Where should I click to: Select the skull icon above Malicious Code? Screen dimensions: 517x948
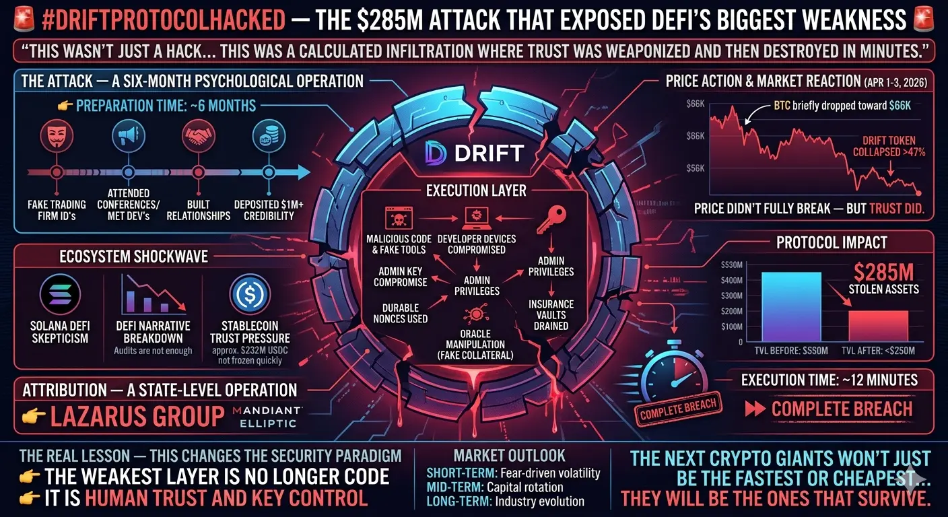coord(395,217)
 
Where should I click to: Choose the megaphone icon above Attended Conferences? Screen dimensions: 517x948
coord(125,136)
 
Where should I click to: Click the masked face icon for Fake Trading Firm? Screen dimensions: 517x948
coord(57,136)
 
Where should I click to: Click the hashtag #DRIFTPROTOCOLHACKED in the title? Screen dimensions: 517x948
coord(163,20)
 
